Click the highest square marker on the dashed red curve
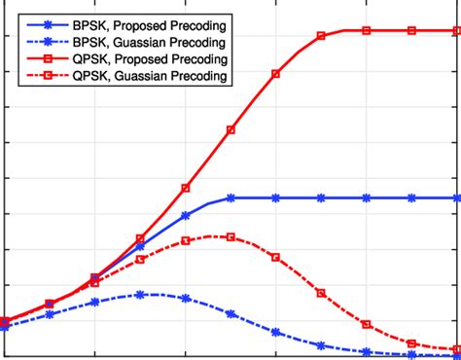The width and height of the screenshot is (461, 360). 230,236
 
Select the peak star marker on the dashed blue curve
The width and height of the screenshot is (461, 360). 140,294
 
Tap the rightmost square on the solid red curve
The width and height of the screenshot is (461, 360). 457,31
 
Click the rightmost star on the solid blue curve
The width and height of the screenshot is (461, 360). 457,198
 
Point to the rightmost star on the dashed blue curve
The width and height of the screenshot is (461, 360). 457,355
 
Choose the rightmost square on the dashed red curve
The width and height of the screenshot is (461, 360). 457,348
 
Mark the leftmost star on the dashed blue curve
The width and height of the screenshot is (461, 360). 4,327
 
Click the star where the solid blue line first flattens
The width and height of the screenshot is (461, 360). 230,198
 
